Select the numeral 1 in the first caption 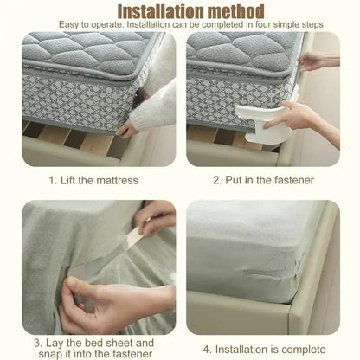(51, 180)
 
